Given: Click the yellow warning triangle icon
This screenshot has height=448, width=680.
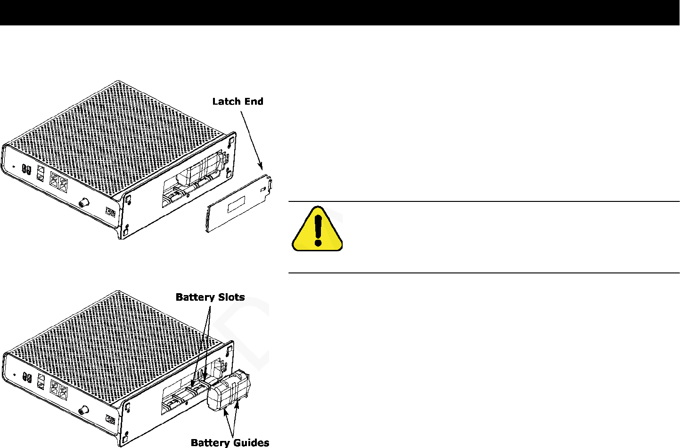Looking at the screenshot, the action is (317, 229).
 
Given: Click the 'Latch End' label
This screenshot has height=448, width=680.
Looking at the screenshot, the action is (238, 101).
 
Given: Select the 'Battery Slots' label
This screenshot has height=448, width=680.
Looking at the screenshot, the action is (210, 297).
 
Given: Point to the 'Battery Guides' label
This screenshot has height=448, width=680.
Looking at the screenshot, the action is (230, 442).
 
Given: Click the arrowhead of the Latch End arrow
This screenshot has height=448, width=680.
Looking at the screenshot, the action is (260, 166).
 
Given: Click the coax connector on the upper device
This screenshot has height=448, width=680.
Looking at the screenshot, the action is (84, 203).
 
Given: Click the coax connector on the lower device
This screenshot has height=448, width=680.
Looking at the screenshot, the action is (84, 409).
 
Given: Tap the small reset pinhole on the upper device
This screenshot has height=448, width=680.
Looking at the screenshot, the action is (13, 166).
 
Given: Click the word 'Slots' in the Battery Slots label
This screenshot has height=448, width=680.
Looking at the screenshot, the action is (229, 297).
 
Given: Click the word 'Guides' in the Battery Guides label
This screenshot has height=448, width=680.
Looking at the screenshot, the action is (252, 442).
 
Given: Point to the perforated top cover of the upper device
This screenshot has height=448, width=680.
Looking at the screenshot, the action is (118, 132).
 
